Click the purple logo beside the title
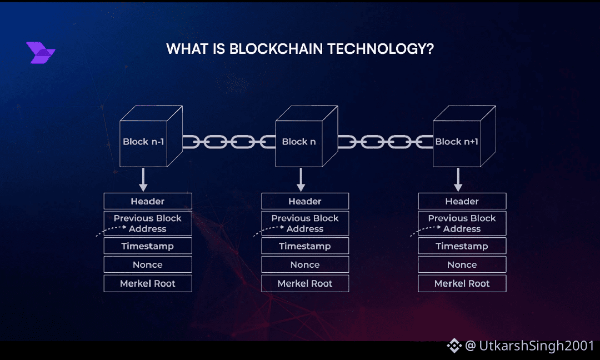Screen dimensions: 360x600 pos(41,53)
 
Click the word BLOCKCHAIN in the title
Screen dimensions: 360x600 pos(276,49)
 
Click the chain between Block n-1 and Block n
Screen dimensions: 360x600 pos(229,142)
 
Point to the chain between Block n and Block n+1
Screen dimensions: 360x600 pos(385,142)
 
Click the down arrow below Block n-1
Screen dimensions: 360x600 pos(143,179)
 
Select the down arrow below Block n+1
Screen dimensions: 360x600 pos(458,179)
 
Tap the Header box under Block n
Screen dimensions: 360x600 pos(305,201)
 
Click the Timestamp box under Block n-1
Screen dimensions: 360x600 pos(148,246)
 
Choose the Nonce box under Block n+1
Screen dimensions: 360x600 pos(462,264)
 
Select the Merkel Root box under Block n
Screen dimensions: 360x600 pos(305,283)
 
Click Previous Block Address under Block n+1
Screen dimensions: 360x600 pos(462,223)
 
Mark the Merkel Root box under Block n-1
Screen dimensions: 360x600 pos(148,283)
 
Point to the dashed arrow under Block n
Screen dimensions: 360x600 pos(269,230)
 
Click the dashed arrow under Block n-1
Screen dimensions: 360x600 pos(112,230)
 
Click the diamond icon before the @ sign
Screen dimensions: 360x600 pos(454,346)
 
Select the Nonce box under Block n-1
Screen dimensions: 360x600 pos(148,264)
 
